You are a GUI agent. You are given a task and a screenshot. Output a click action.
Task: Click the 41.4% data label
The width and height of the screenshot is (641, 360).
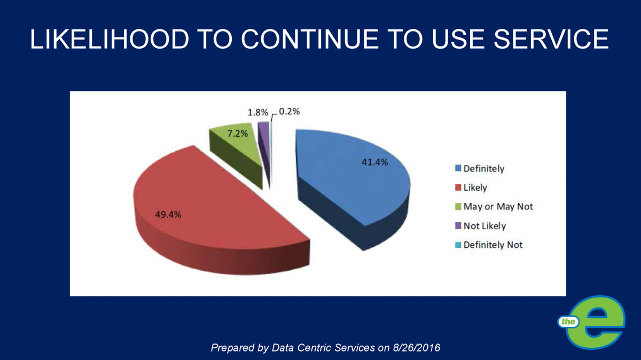click(374, 162)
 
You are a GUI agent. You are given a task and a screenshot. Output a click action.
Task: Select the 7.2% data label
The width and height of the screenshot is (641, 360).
click(234, 134)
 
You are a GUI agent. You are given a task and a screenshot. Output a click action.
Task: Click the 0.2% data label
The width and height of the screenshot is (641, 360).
click(290, 112)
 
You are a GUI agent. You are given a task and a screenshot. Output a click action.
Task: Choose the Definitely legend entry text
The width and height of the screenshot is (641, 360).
click(483, 169)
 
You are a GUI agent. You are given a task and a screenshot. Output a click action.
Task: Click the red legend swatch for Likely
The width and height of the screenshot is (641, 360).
click(458, 187)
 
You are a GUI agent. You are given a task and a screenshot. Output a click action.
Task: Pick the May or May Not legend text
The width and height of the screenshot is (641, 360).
click(498, 207)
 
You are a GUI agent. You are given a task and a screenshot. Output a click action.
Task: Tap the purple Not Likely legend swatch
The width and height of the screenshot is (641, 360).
click(458, 225)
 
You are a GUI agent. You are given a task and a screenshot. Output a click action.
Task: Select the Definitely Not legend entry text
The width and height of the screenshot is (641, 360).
click(493, 245)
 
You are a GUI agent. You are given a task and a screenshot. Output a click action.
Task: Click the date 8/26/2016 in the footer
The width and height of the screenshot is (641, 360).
click(416, 348)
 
